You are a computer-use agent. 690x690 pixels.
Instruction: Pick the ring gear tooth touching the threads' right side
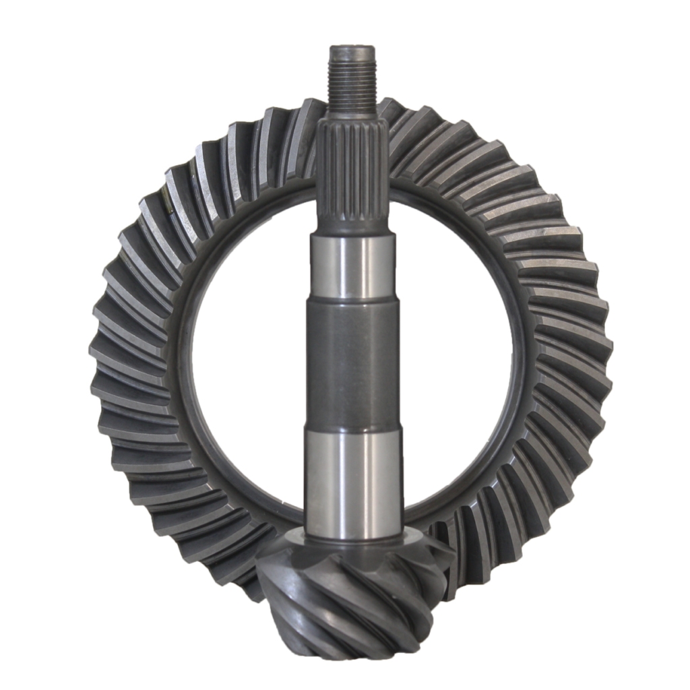[x=391, y=111]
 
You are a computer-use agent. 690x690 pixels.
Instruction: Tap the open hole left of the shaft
[x=243, y=357]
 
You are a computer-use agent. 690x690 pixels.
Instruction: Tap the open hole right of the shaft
[x=458, y=357]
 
